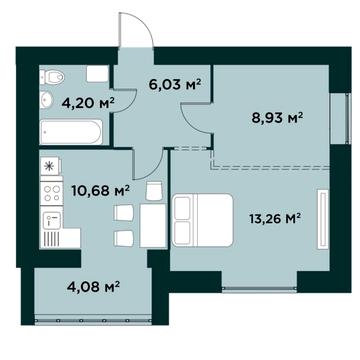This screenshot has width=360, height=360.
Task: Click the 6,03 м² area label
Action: [x=174, y=85]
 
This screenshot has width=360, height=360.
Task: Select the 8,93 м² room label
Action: [x=277, y=117]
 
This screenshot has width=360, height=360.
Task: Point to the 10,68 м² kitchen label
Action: [x=100, y=191]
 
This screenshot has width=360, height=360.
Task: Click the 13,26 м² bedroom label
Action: [x=275, y=219]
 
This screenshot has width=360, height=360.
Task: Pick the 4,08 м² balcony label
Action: [x=94, y=287]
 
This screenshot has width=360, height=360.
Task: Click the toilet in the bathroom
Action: [x=52, y=78]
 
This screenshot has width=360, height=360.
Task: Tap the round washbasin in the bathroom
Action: [x=46, y=99]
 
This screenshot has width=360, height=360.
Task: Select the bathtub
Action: [x=71, y=132]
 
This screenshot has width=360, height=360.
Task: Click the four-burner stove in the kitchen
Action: [x=51, y=193]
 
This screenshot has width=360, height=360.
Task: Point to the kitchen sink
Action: [x=51, y=217]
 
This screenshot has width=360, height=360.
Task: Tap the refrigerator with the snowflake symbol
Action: [x=51, y=166]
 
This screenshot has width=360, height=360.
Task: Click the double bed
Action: [x=202, y=220]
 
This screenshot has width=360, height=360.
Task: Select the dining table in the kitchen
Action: [x=153, y=226]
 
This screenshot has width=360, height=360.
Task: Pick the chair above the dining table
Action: [x=154, y=191]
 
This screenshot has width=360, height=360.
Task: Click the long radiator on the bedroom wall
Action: [x=323, y=219]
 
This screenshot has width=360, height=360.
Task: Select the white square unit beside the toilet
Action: [x=97, y=74]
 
